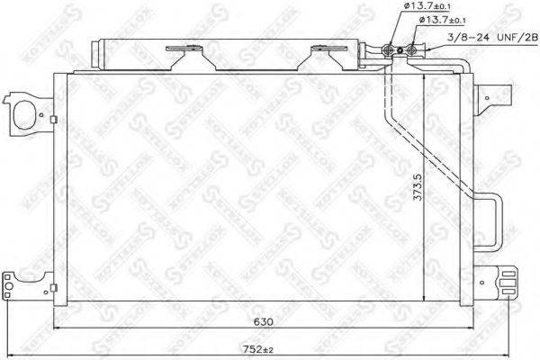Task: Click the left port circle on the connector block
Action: pyautogui.click(x=391, y=50)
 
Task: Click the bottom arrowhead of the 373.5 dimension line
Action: pyautogui.click(x=422, y=300)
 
